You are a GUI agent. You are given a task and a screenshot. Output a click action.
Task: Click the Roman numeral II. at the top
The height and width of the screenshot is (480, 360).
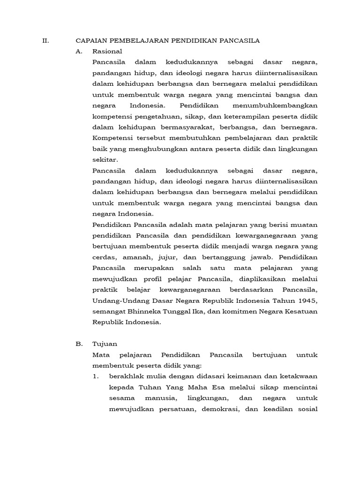[45, 41]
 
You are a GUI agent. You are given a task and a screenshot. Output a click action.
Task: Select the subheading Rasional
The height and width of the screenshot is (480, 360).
[107, 51]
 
